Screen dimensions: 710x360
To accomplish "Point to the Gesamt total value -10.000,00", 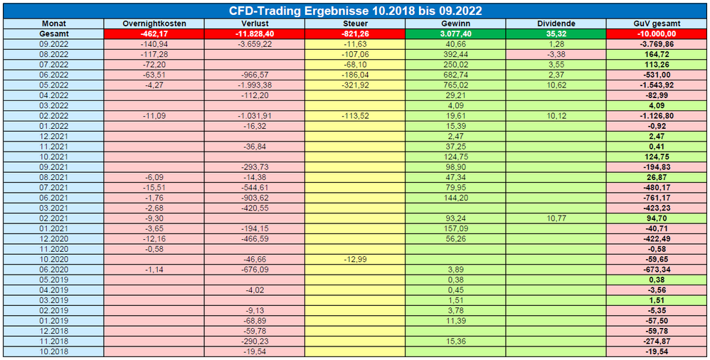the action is click(x=657, y=34).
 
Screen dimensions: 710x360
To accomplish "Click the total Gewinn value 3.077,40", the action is click(x=455, y=34).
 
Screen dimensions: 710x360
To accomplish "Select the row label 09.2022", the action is click(x=53, y=44).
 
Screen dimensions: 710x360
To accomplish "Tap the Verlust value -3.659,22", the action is click(x=255, y=44).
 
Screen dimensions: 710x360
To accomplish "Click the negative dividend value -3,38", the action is click(x=556, y=55).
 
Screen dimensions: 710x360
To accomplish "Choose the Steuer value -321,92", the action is click(x=355, y=85).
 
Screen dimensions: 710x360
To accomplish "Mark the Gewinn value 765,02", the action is click(x=455, y=85).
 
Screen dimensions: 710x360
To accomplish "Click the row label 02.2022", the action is click(x=53, y=117).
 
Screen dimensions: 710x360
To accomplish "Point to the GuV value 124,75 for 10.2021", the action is click(x=657, y=157).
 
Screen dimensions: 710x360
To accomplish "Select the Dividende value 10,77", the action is click(x=556, y=218).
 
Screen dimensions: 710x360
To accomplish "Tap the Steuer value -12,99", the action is click(x=355, y=260).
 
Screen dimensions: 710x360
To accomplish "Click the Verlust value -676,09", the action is click(x=255, y=270).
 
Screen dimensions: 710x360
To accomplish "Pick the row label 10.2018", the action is click(x=53, y=352).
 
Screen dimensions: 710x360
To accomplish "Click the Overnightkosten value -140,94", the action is click(x=154, y=44).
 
